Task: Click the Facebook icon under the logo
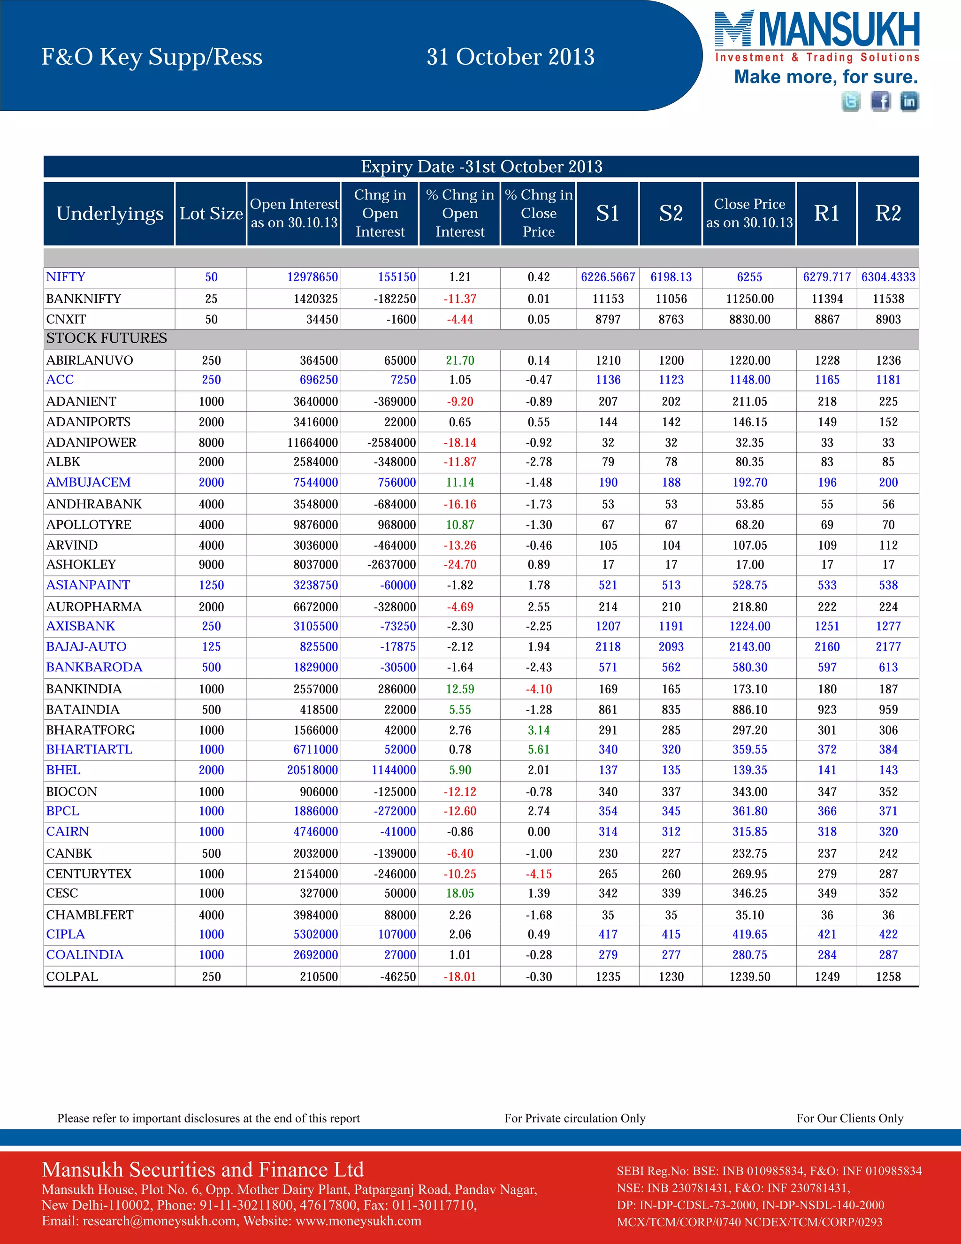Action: tap(880, 101)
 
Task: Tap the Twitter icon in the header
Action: tap(851, 101)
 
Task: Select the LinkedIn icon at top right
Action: tap(909, 101)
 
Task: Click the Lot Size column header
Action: tap(211, 214)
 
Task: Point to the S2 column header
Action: tap(671, 214)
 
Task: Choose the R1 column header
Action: tap(827, 214)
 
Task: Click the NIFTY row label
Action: tap(66, 277)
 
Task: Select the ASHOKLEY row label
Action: tap(81, 564)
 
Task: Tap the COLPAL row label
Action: tap(72, 976)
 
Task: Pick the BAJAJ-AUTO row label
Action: tap(86, 646)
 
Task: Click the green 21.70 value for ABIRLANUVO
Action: tap(460, 361)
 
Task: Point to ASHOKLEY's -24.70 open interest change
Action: tap(460, 564)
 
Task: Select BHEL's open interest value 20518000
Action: tap(312, 770)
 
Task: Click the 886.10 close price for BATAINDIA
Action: tap(749, 710)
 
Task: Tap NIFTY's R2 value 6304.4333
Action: tap(888, 277)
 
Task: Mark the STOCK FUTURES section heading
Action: tap(107, 338)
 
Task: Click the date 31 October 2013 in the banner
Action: tap(511, 57)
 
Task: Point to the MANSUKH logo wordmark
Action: tap(838, 30)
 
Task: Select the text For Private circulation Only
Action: tap(575, 1118)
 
